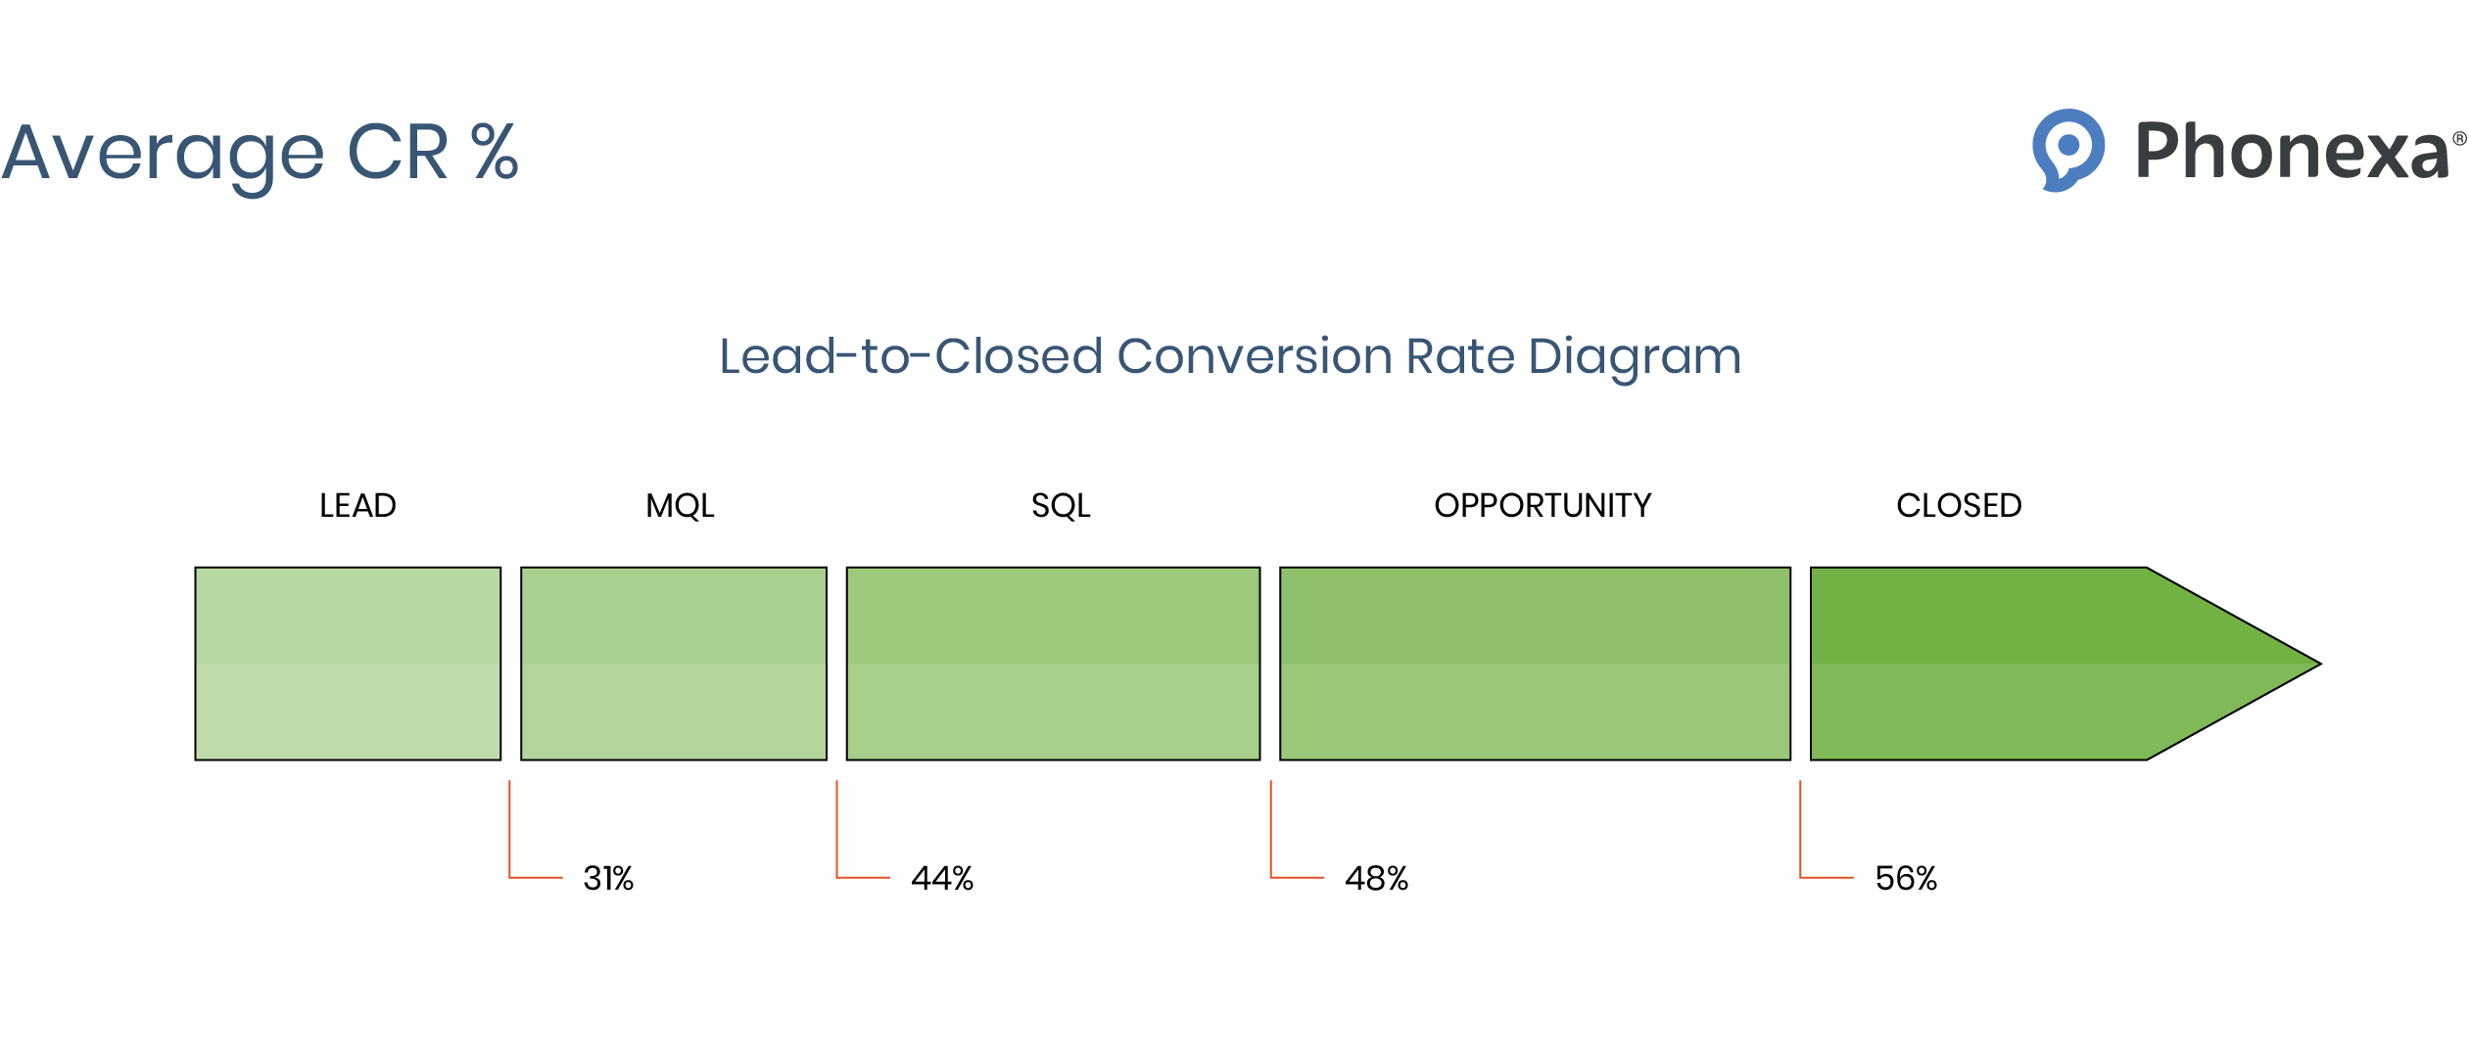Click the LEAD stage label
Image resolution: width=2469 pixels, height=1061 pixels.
point(357,505)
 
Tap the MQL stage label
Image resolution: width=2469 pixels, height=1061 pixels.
point(680,505)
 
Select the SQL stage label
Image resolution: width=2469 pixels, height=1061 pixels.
point(1060,505)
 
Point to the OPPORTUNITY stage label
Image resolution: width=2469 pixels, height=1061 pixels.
point(1543,505)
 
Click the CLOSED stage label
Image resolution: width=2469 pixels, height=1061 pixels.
point(1959,505)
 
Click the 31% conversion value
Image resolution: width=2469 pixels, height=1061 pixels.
point(608,878)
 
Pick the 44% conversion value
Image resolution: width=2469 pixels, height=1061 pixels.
point(942,878)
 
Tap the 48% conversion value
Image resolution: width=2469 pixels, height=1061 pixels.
point(1376,878)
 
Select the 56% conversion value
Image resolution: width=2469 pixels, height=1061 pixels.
point(1906,878)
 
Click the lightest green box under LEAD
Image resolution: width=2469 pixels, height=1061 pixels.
point(348,664)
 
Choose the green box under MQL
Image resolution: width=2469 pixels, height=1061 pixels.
point(674,664)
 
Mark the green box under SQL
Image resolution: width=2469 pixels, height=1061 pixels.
point(1053,664)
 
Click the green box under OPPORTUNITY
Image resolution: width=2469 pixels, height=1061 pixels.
point(1535,664)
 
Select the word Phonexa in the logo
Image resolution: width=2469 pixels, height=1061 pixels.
point(2292,152)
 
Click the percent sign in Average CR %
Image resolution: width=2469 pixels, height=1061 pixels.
point(495,152)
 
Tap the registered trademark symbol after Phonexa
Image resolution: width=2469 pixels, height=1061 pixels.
point(2459,139)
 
